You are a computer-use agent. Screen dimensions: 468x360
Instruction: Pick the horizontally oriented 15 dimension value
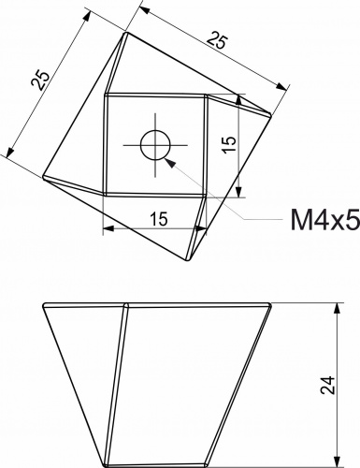(x=157, y=219)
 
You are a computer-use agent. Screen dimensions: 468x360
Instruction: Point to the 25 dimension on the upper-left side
(x=39, y=80)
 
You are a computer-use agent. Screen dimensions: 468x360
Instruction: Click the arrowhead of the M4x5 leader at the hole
(x=166, y=159)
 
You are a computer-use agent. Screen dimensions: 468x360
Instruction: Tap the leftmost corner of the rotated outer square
(x=43, y=175)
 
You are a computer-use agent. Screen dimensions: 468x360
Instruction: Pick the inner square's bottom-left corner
(x=104, y=195)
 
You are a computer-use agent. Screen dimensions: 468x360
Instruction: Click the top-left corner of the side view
(x=43, y=304)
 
